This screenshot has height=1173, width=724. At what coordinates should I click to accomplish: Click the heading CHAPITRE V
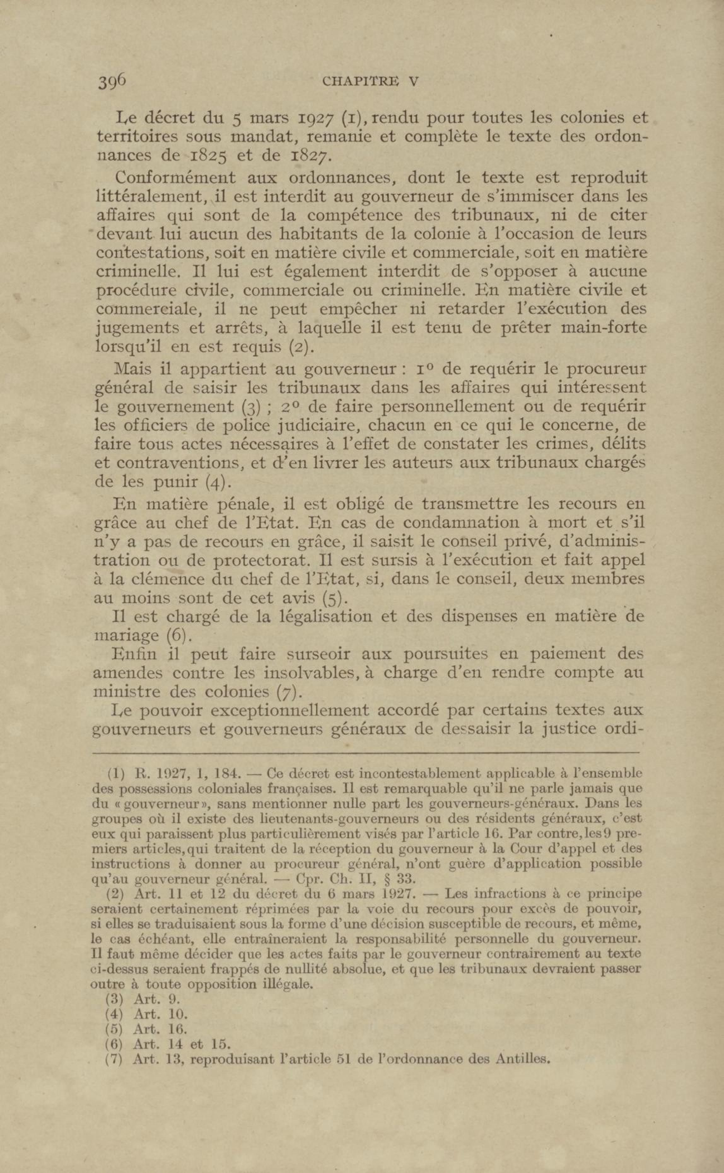(x=371, y=81)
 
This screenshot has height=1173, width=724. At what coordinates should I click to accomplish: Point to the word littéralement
(x=151, y=197)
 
